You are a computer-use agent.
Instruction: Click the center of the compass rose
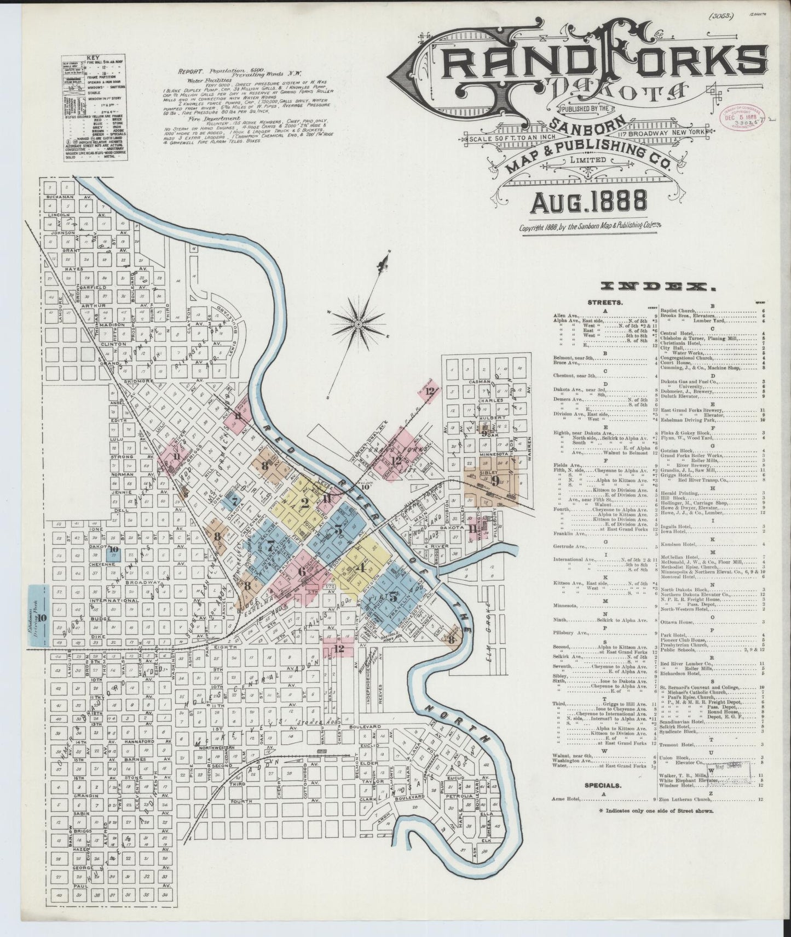pyautogui.click(x=357, y=325)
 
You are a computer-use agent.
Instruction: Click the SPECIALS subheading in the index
pyautogui.click(x=603, y=785)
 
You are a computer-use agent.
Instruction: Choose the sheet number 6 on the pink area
pyautogui.click(x=302, y=571)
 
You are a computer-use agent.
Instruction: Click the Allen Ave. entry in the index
pyautogui.click(x=568, y=317)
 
